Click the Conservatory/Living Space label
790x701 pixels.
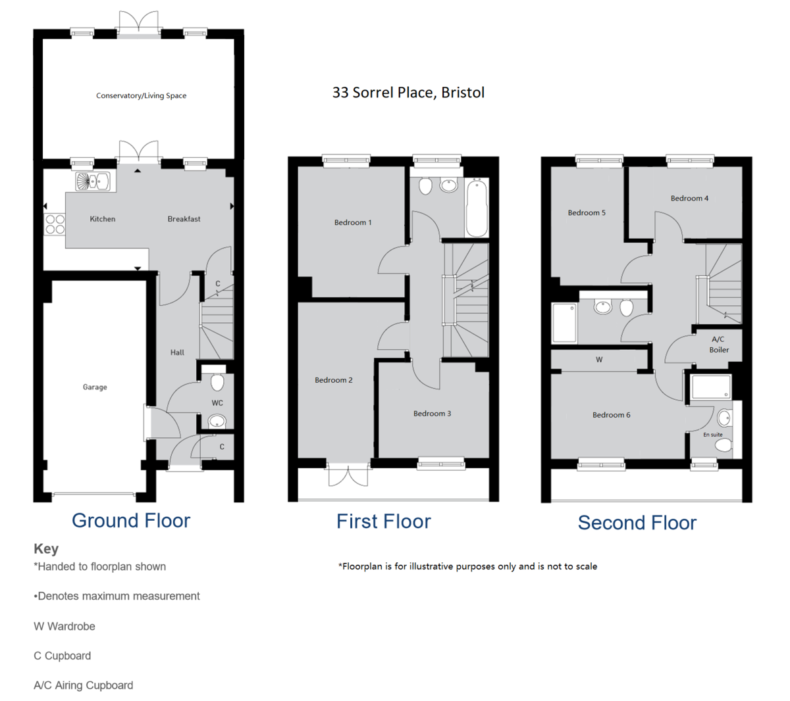pos(141,96)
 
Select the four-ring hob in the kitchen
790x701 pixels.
pos(55,224)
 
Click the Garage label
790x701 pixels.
pos(95,387)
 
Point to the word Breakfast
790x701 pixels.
pos(184,219)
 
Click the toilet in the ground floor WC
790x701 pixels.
pos(217,381)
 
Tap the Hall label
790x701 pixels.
pos(177,352)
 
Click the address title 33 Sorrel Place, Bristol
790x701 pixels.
pos(408,93)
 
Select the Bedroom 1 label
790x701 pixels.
pos(353,222)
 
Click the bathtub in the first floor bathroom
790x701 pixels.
pos(477,207)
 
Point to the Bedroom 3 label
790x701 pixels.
pos(432,414)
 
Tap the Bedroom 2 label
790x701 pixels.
pos(333,380)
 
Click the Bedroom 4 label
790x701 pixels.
pos(689,198)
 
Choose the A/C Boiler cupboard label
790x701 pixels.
pos(718,345)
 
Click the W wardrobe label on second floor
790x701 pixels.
pos(599,360)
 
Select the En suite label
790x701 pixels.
pos(712,435)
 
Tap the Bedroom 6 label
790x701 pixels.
pos(611,415)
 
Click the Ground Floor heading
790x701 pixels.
pos(131,521)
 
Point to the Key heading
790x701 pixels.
pos(46,548)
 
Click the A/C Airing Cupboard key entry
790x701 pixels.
pos(84,685)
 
